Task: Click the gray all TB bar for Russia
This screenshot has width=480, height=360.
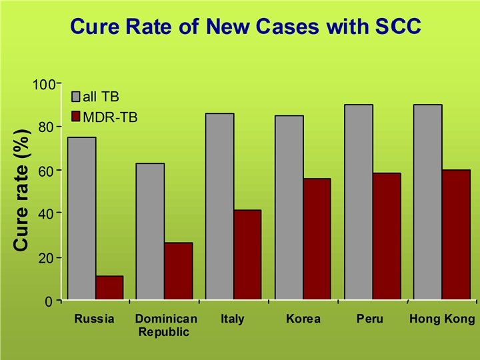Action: click(82, 218)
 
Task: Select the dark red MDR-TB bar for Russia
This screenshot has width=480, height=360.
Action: click(109, 288)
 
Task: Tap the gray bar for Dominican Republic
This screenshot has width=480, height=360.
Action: click(150, 231)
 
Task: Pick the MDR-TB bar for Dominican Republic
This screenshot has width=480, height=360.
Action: click(179, 271)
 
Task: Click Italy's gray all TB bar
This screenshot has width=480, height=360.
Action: click(220, 206)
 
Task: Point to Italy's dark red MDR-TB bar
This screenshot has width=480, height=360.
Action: click(247, 255)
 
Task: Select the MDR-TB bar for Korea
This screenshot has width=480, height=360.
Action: click(317, 239)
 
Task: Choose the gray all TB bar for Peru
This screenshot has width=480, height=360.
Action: click(359, 202)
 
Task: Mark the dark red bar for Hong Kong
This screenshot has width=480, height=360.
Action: click(456, 235)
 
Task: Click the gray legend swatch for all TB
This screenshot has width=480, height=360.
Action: click(75, 97)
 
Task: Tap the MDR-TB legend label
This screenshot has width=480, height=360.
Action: click(110, 117)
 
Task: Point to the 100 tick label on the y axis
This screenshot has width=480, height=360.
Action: click(45, 85)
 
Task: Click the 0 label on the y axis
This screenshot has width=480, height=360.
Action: click(49, 302)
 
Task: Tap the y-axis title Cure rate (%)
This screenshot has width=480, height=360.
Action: click(21, 190)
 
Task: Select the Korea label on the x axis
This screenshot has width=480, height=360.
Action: click(303, 319)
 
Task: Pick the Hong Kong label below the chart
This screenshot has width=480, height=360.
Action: click(443, 319)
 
